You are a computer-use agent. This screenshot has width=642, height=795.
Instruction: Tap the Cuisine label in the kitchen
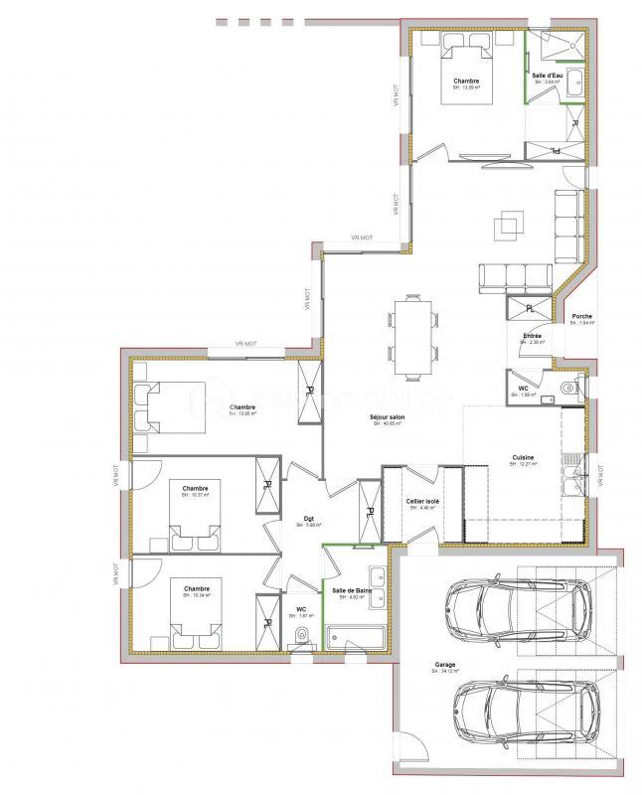(x=523, y=458)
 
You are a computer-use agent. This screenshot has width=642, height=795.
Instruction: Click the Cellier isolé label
(x=422, y=503)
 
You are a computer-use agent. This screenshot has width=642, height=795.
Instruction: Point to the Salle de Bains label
(x=354, y=591)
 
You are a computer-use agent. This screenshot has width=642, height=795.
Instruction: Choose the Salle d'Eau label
(x=546, y=76)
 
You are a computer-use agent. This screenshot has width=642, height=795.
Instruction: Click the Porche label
(x=582, y=316)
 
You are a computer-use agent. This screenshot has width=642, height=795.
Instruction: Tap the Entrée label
(x=532, y=337)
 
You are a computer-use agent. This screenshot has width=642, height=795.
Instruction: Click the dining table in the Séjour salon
(x=413, y=335)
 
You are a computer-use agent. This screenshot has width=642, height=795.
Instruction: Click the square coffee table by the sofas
(x=508, y=223)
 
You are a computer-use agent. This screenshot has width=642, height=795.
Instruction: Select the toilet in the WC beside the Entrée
(x=569, y=387)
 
